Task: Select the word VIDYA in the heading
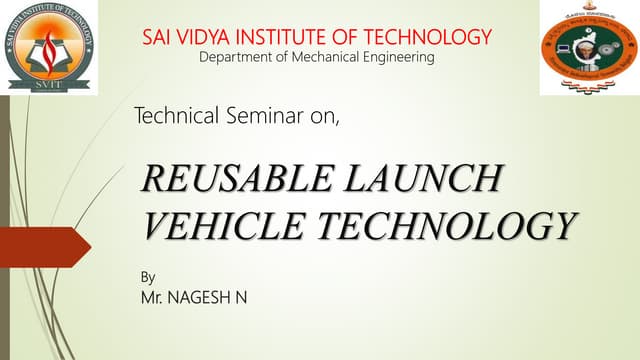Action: [x=207, y=38]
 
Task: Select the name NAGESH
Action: [x=206, y=297]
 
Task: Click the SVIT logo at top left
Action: [x=51, y=47]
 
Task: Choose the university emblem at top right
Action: [x=588, y=47]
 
